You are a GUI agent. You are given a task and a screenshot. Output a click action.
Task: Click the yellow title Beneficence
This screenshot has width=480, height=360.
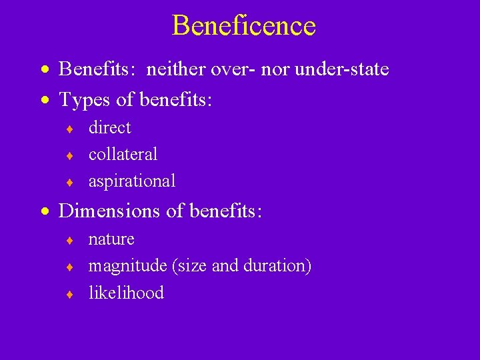tap(243, 26)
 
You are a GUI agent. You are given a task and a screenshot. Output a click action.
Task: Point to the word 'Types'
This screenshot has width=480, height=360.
tap(81, 100)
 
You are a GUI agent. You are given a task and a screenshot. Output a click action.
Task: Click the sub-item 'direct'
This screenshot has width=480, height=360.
tap(109, 127)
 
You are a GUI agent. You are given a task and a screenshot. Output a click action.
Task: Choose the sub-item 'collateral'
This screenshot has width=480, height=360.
tap(123, 154)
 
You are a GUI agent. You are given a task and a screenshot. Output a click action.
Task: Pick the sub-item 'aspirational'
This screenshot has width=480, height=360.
tap(132, 181)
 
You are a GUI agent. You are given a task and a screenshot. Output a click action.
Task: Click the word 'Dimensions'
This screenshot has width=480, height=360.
tap(110, 211)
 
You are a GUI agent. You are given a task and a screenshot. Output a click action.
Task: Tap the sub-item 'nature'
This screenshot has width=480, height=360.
tap(111, 239)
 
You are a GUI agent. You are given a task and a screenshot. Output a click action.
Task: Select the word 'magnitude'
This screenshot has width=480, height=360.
tap(127, 266)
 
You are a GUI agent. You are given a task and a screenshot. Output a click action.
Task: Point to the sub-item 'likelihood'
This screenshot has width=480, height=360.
tap(126, 293)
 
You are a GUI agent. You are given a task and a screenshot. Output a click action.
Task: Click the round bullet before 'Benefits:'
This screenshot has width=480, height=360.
tap(44, 69)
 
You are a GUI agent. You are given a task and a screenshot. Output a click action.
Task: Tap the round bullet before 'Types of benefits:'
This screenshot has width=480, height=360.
tap(44, 101)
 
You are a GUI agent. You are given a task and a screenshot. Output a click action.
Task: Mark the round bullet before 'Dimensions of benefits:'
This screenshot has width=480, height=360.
tap(44, 212)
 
